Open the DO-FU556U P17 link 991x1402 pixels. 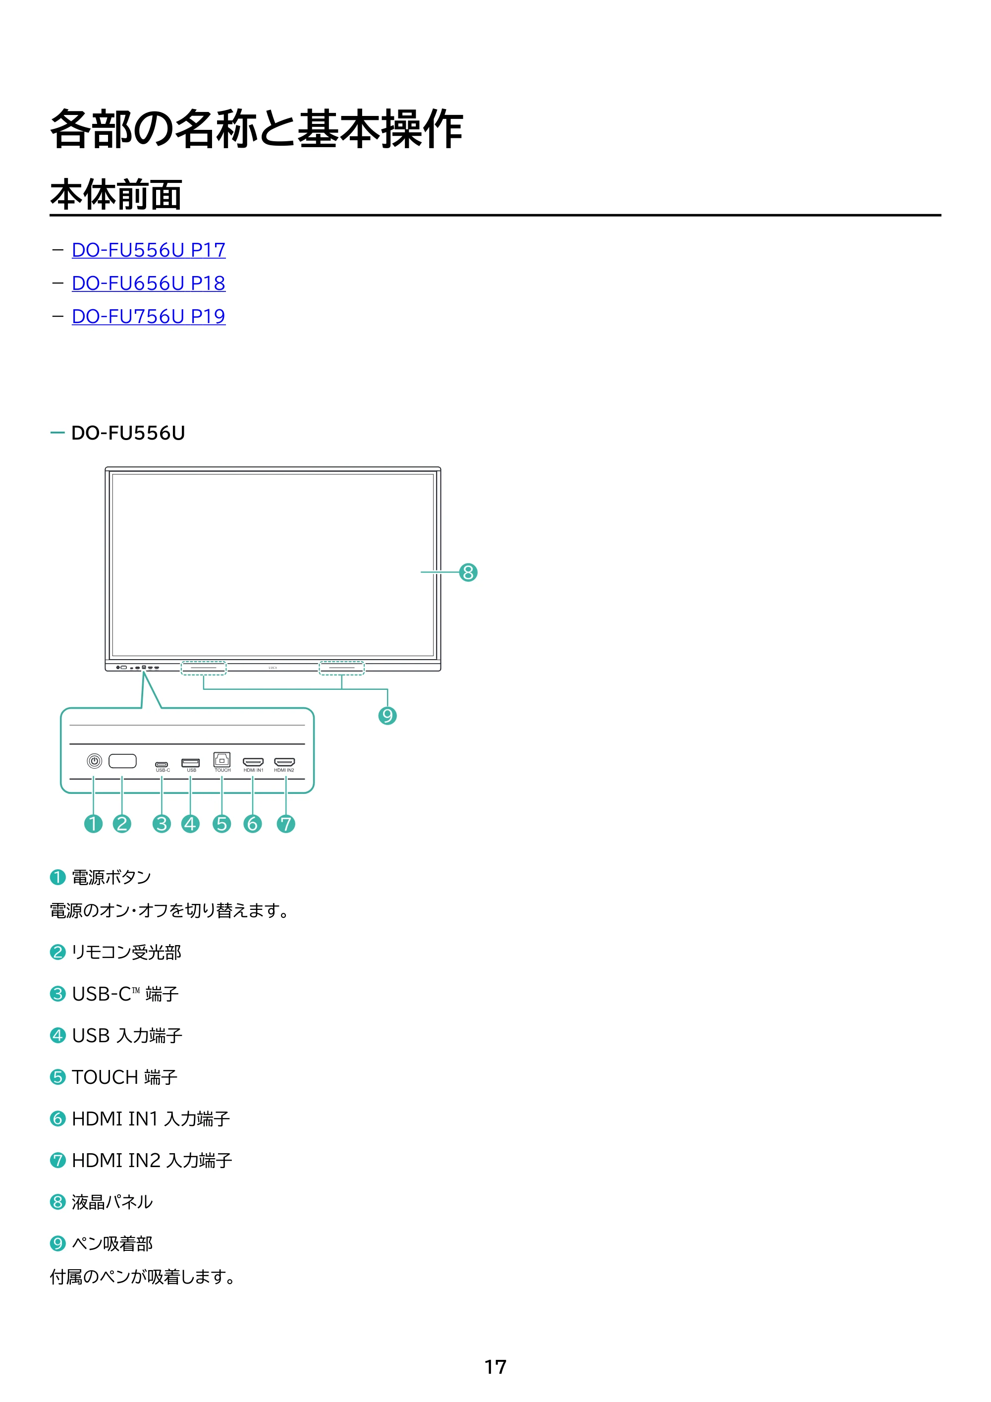(x=148, y=250)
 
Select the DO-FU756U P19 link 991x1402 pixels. (x=148, y=316)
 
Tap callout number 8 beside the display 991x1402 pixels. (x=468, y=572)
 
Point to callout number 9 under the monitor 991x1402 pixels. (x=387, y=716)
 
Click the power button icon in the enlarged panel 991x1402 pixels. (x=94, y=761)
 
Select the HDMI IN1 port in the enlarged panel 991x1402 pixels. (x=253, y=761)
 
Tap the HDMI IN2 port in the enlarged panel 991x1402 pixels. (x=284, y=761)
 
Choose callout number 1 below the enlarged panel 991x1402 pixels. (x=94, y=824)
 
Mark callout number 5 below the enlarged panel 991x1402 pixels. (x=221, y=824)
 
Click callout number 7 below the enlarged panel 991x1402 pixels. (x=286, y=824)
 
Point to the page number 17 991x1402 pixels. (x=495, y=1367)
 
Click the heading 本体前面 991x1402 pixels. (x=116, y=195)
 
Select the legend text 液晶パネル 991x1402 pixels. (x=112, y=1202)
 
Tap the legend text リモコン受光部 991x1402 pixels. (x=126, y=952)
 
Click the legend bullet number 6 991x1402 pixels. (x=57, y=1119)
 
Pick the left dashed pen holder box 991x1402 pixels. (x=203, y=668)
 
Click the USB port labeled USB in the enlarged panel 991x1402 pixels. (x=190, y=763)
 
